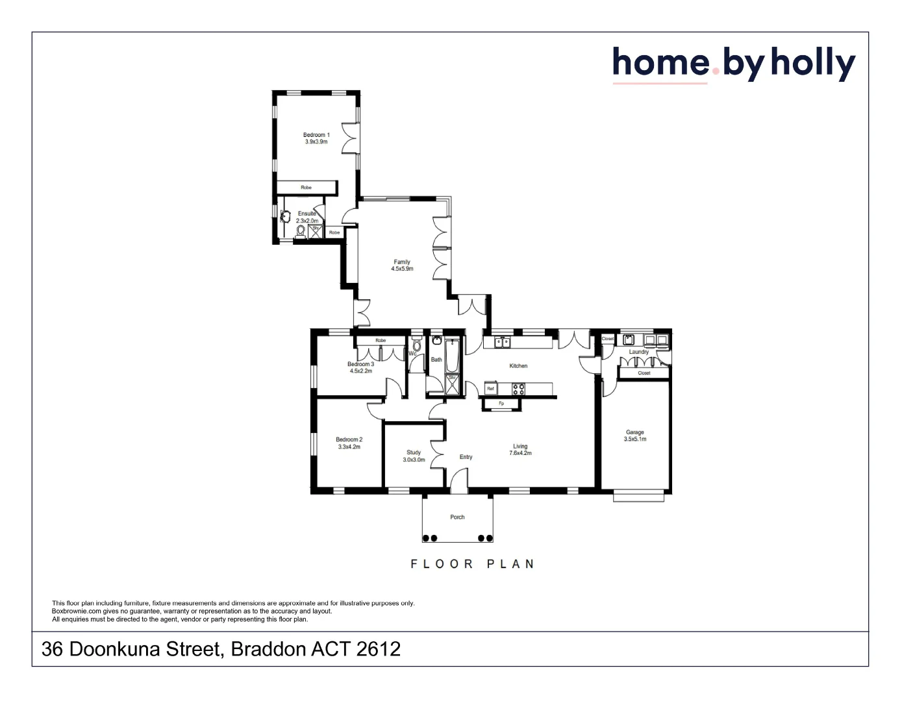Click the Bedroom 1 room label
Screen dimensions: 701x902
point(316,135)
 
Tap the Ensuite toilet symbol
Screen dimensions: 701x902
point(301,230)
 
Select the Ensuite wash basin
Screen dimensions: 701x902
point(284,216)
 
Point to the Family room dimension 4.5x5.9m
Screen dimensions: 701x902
point(402,269)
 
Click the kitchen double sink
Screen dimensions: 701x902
point(502,341)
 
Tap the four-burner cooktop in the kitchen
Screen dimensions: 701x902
point(518,389)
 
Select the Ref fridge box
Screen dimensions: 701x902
point(490,389)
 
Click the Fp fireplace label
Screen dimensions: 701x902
point(501,404)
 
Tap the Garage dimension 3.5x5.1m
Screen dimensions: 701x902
point(635,439)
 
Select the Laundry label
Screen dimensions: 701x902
point(639,352)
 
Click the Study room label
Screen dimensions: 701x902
point(414,452)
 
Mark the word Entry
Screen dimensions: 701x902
point(466,457)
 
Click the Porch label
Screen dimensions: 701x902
point(457,517)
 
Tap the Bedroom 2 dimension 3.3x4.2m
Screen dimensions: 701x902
point(349,447)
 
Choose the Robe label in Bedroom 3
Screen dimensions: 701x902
point(381,340)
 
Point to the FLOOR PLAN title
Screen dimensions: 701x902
point(472,564)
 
